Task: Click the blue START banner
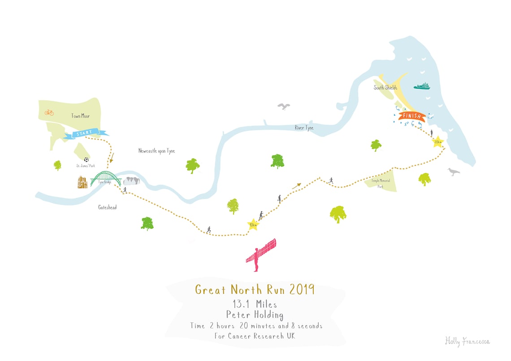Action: (x=85, y=133)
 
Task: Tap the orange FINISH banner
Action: (x=412, y=116)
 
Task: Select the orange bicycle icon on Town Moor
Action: (x=49, y=112)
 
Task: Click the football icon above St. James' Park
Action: (x=86, y=159)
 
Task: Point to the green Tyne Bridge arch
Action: (x=106, y=177)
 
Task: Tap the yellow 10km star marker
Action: (x=253, y=225)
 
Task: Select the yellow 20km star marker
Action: (x=437, y=142)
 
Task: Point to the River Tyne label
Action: (x=304, y=128)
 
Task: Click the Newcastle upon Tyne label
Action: (x=156, y=151)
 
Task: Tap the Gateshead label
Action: (x=107, y=207)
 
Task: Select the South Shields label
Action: (x=385, y=88)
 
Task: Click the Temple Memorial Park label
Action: (x=380, y=184)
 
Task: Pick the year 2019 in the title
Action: (x=302, y=289)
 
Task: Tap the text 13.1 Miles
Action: (x=255, y=304)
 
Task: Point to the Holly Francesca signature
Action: (x=467, y=342)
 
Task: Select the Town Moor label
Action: (x=80, y=116)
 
